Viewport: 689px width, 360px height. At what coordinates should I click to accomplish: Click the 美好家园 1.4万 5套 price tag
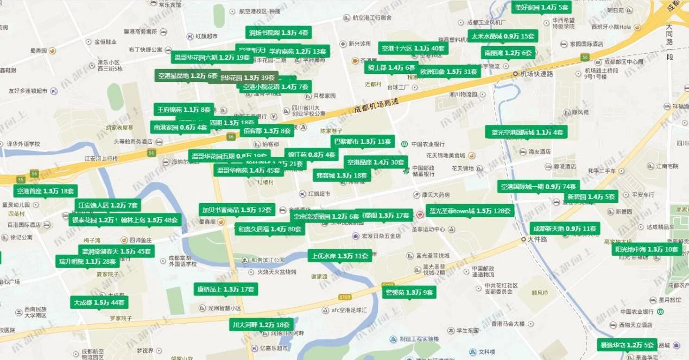coord(541,8)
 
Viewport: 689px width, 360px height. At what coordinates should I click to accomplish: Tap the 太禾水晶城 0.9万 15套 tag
coord(503,36)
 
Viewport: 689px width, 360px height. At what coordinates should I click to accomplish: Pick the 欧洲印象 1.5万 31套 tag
coord(448,72)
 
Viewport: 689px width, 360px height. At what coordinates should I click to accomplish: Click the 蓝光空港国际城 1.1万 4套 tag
coord(527,132)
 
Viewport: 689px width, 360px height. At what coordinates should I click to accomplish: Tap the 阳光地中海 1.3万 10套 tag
coord(647,249)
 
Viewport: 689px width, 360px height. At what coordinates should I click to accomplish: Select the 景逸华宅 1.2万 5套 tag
coord(627,345)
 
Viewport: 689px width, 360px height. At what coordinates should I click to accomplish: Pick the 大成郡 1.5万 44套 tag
coord(99,302)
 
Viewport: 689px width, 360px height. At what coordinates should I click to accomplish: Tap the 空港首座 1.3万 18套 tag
coord(45,191)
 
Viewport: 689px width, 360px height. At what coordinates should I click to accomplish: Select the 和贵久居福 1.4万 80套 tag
coord(269,230)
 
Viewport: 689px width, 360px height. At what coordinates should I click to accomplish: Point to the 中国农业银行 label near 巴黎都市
coord(428,144)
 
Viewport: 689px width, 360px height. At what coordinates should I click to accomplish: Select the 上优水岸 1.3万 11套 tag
coord(340,256)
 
